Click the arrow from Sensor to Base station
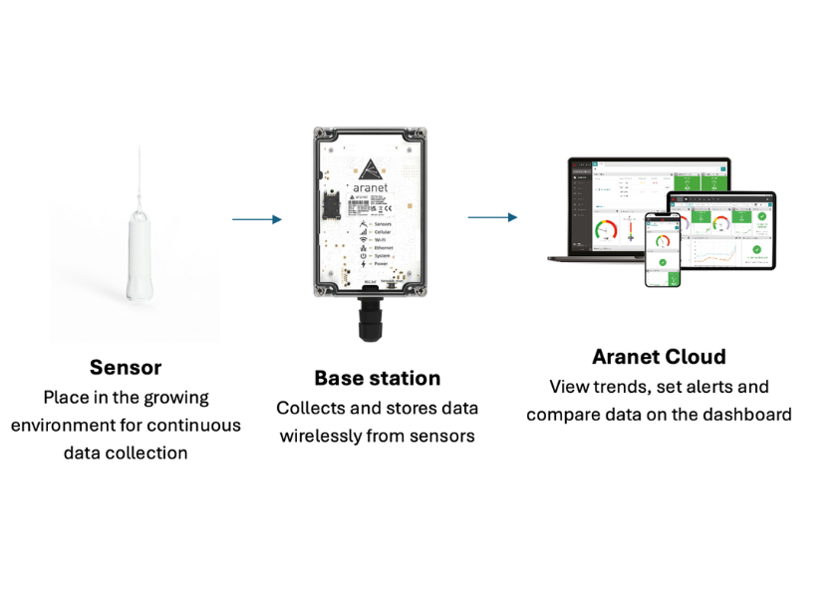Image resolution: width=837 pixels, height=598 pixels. (257, 219)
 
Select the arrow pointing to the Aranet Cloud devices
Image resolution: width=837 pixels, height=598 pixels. (493, 217)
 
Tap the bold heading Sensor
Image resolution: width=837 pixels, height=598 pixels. (126, 367)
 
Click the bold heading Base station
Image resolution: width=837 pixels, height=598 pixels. (377, 378)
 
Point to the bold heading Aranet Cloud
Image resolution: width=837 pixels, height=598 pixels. (658, 357)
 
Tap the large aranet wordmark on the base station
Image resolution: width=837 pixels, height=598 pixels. (376, 189)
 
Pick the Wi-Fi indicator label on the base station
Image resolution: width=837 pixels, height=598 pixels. (381, 239)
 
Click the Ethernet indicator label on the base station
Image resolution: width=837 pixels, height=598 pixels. (384, 248)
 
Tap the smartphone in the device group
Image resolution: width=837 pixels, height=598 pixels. (662, 249)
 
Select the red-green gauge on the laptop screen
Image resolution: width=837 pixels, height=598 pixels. (606, 228)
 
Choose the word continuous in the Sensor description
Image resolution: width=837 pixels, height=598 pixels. (195, 425)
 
